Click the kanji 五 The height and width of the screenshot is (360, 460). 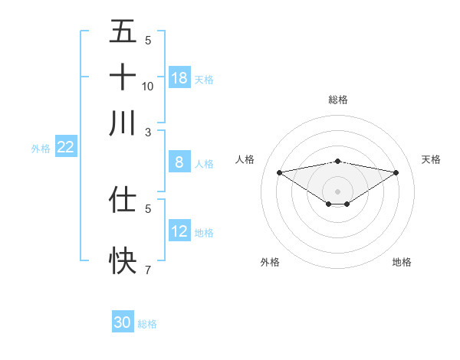pyautogui.click(x=123, y=32)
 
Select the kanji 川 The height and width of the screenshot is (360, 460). pyautogui.click(x=123, y=123)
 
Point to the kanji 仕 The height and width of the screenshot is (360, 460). pyautogui.click(x=123, y=199)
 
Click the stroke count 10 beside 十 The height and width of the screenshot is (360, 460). pyautogui.click(x=148, y=86)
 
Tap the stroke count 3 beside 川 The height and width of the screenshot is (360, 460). pyautogui.click(x=148, y=132)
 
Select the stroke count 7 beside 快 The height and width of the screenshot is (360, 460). pyautogui.click(x=148, y=270)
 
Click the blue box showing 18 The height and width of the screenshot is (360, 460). pyautogui.click(x=179, y=78)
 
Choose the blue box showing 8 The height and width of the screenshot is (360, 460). pyautogui.click(x=179, y=162)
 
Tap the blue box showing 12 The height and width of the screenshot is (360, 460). pyautogui.click(x=179, y=231)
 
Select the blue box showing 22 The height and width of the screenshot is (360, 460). pyautogui.click(x=65, y=148)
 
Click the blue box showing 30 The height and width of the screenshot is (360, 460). pyautogui.click(x=123, y=323)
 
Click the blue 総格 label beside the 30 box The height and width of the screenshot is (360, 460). pyautogui.click(x=148, y=324)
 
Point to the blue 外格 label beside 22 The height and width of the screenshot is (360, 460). pyautogui.click(x=40, y=149)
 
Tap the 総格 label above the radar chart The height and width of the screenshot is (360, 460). pyautogui.click(x=338, y=100)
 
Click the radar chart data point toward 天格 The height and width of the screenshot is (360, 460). pyautogui.click(x=396, y=172)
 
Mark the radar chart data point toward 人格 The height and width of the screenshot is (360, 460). pyautogui.click(x=279, y=172)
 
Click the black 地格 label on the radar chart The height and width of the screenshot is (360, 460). pyautogui.click(x=402, y=263)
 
